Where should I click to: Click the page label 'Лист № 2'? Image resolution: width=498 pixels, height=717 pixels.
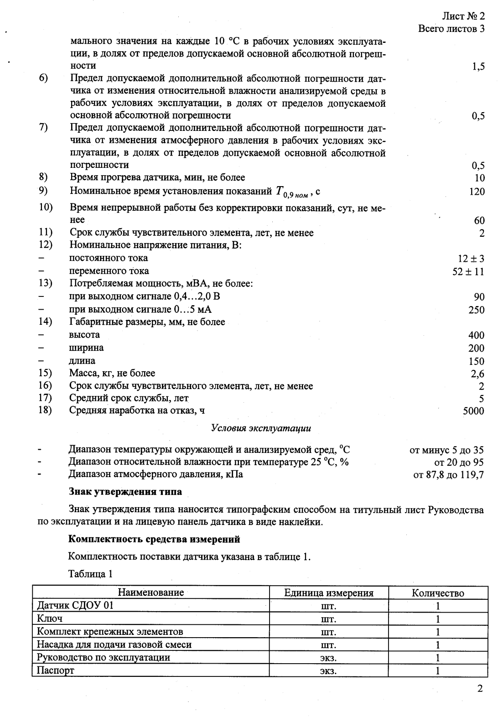[x=462, y=16]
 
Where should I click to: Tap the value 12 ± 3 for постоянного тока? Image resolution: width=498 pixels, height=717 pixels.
[x=471, y=259]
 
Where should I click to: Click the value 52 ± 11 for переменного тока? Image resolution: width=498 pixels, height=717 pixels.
[x=468, y=271]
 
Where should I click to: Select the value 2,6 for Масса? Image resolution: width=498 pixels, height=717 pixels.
[x=477, y=374]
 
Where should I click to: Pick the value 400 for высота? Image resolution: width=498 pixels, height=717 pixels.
[x=476, y=335]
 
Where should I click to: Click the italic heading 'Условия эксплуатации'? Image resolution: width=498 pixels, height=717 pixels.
[x=261, y=428]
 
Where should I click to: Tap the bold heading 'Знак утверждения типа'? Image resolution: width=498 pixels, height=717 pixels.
[x=125, y=492]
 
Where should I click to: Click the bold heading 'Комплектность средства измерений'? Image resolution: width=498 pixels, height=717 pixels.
[x=154, y=540]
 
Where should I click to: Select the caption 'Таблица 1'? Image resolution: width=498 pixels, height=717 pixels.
[x=90, y=574]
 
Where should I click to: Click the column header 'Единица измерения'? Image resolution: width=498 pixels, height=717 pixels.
[x=328, y=593]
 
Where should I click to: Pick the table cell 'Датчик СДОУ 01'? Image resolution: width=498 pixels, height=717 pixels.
[x=75, y=606]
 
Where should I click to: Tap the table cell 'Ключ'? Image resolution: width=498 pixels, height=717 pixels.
[x=49, y=618]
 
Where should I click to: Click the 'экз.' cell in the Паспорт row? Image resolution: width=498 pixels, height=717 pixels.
[x=328, y=670]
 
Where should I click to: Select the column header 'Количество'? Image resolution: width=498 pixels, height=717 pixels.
[x=437, y=593]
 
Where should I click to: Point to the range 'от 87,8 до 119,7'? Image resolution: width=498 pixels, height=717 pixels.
[x=448, y=475]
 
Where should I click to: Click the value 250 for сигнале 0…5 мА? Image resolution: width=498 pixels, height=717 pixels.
[x=476, y=310]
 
